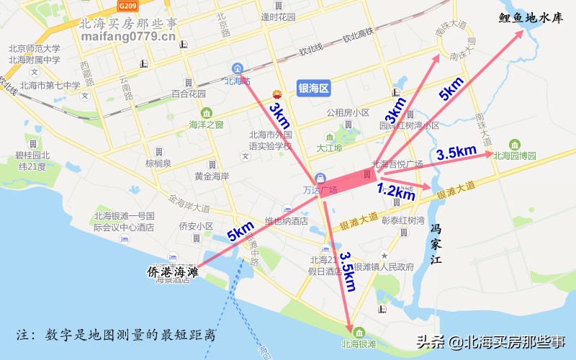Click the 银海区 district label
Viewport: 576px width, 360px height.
[313, 89]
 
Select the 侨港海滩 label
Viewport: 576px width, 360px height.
[172, 271]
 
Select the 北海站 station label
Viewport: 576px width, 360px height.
[236, 80]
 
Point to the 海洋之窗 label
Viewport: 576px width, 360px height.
[206, 124]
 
